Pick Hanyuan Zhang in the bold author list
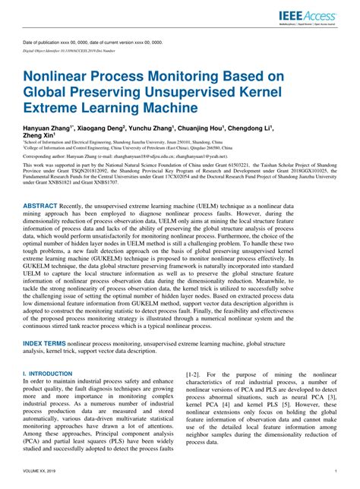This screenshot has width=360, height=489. click(x=49, y=128)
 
